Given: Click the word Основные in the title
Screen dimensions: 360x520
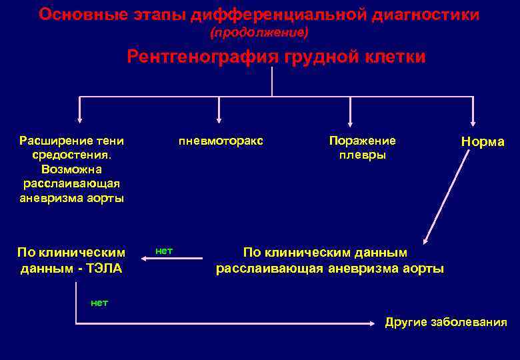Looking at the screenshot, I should tap(76, 14).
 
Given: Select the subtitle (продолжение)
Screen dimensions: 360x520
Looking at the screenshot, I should tap(259, 32).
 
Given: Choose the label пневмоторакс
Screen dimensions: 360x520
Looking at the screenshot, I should tap(221, 141).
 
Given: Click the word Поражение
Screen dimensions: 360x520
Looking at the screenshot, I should tap(362, 141).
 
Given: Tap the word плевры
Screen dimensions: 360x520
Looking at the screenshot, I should tap(362, 155).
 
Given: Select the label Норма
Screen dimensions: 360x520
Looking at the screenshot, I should tap(482, 142).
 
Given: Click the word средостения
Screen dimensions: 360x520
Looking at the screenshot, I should tap(71, 155).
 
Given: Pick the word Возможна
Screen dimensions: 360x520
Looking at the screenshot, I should tap(71, 169).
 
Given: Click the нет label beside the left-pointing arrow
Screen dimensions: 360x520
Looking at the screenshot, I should tap(163, 251).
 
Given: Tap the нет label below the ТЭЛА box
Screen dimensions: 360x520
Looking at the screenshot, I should tap(99, 303).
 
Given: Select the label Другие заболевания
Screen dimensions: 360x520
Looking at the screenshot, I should tap(445, 323).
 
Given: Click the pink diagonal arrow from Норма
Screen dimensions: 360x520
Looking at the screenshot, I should tap(450, 187).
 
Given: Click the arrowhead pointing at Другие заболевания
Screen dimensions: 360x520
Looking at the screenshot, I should tap(373, 324).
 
